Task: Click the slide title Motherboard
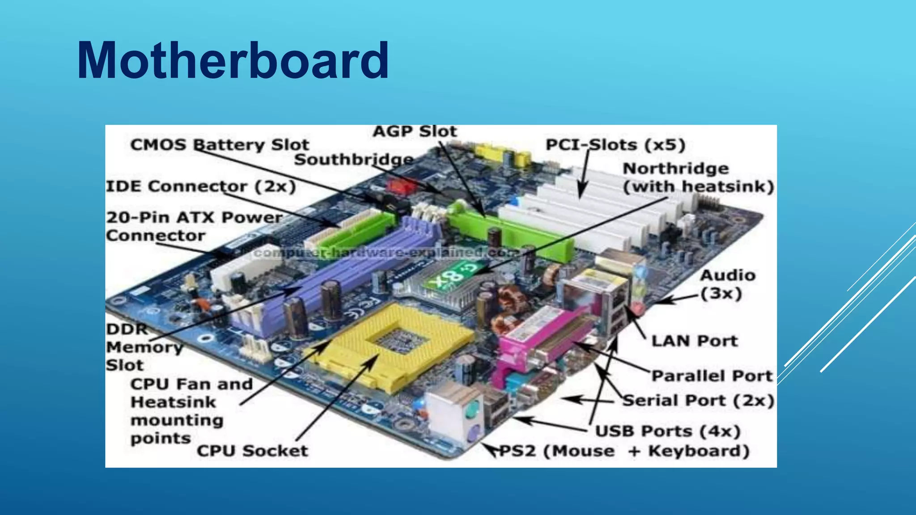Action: pos(233,60)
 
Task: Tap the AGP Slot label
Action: pos(415,131)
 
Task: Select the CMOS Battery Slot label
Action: pos(220,145)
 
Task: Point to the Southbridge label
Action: pos(354,160)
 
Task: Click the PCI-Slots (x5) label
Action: pos(615,145)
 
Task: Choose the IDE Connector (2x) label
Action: pos(201,186)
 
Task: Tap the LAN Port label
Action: pos(694,341)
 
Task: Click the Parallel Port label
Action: pos(712,376)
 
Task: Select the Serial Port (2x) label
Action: pos(698,401)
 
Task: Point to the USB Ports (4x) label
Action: pos(668,431)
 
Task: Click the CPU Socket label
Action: pos(252,451)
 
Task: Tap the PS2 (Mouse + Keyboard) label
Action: pos(624,451)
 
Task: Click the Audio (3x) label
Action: pos(728,284)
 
